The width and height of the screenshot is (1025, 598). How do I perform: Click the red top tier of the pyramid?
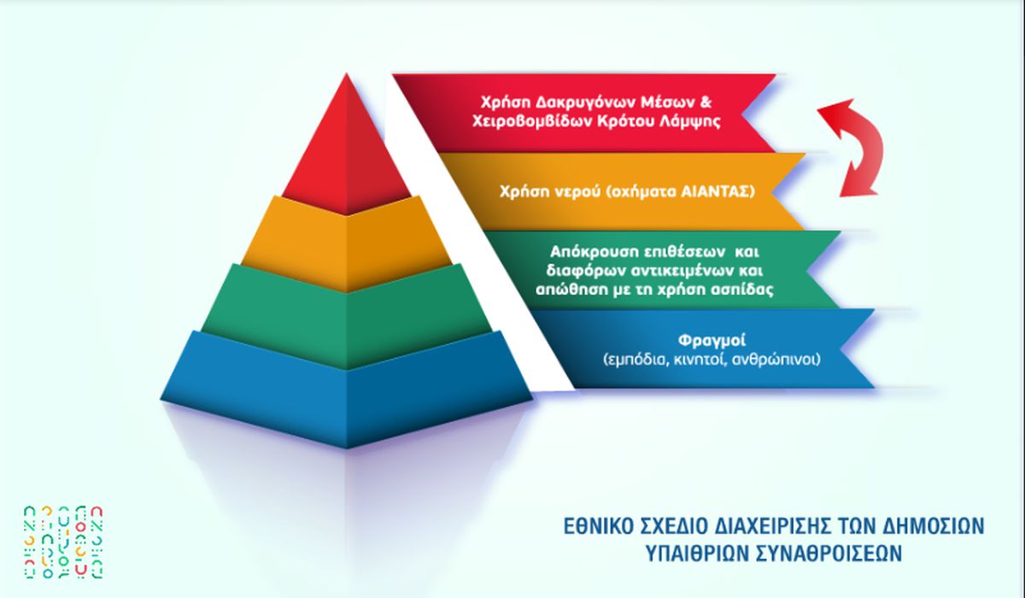click(x=347, y=151)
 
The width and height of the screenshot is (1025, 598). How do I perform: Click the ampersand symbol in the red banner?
click(x=706, y=102)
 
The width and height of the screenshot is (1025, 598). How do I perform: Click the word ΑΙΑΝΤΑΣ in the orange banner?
click(x=716, y=191)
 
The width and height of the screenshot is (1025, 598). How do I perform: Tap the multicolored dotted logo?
click(x=64, y=542)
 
